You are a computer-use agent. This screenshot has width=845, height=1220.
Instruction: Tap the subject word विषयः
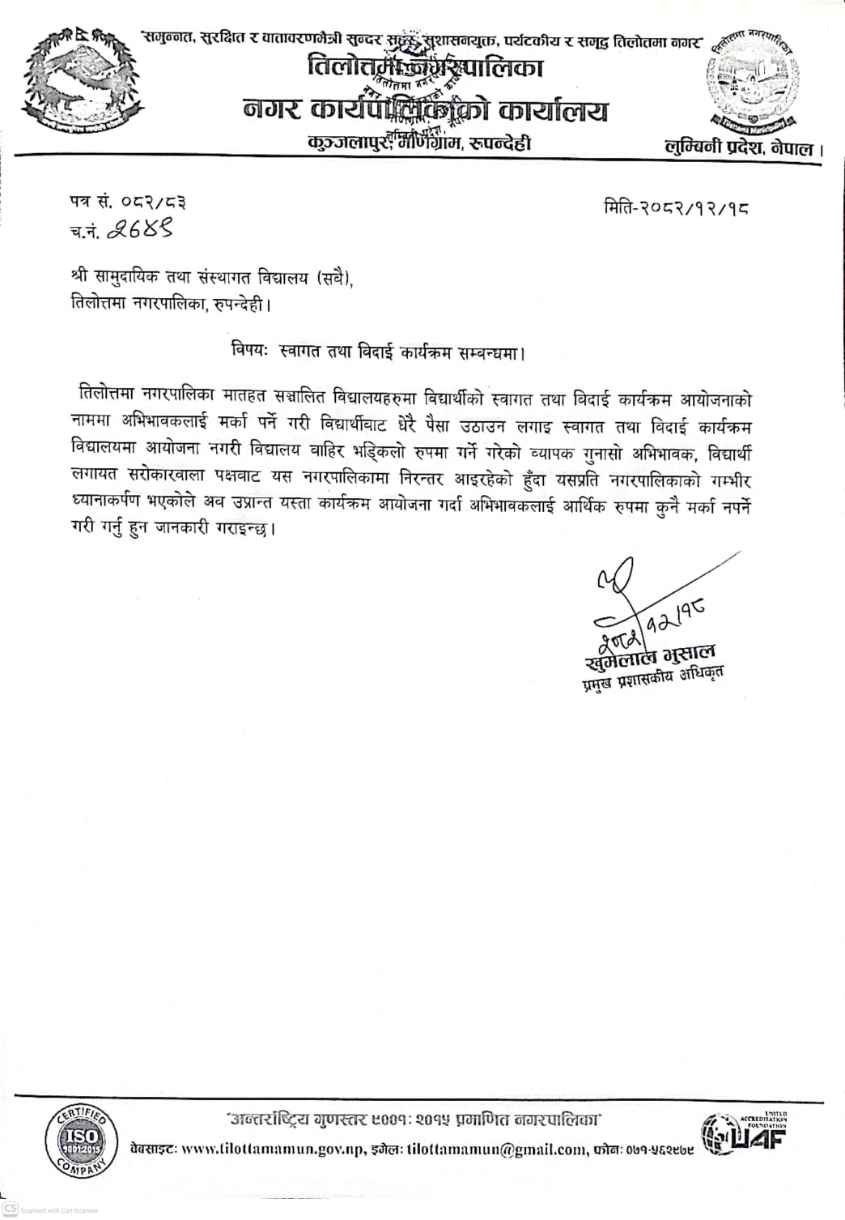click(250, 352)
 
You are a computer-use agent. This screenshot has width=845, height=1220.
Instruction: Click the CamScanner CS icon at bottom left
click(10, 1208)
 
